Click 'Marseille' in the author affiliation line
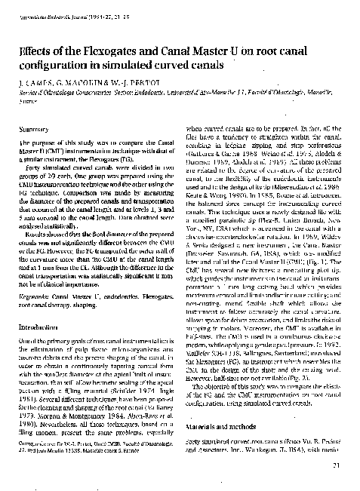311,91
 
